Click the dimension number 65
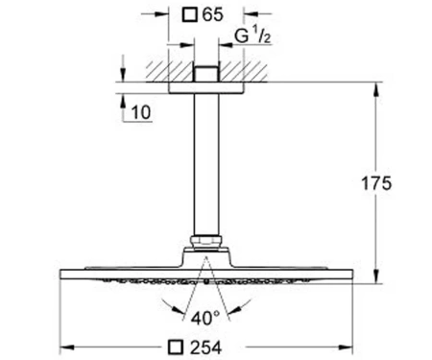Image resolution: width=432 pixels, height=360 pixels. tap(212, 15)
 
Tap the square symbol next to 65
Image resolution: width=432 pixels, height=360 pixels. tap(190, 15)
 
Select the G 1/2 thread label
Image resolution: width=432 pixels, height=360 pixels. tap(252, 36)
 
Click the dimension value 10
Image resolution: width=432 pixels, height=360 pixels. tap(141, 112)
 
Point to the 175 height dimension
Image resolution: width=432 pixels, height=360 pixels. tap(376, 183)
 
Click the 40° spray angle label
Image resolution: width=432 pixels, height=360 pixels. tap(205, 318)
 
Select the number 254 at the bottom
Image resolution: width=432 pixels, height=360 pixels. tap(205, 348)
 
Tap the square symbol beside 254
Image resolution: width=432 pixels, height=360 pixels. tap(176, 348)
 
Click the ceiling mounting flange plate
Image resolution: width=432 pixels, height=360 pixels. tap(206, 88)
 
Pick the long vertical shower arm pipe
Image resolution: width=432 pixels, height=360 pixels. tap(206, 165)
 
